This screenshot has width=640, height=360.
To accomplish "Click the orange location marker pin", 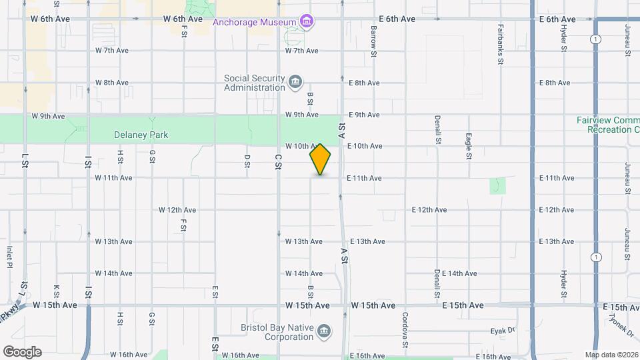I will (321, 159).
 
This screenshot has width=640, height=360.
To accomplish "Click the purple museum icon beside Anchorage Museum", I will (306, 22).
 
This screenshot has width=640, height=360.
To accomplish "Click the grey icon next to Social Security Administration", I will (295, 83).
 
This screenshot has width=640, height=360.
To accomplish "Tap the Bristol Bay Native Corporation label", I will (277, 332).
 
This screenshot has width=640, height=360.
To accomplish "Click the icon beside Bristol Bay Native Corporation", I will (324, 331).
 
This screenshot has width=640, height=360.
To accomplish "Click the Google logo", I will (22, 352).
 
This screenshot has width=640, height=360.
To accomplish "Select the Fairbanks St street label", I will (501, 45).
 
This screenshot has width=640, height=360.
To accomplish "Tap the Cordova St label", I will (405, 330).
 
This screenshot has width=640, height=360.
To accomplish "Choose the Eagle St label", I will (469, 146).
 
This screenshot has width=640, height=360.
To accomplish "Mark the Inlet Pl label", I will (9, 257).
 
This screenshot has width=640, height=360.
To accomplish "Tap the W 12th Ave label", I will (177, 210).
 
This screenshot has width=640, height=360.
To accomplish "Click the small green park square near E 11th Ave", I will (497, 186).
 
